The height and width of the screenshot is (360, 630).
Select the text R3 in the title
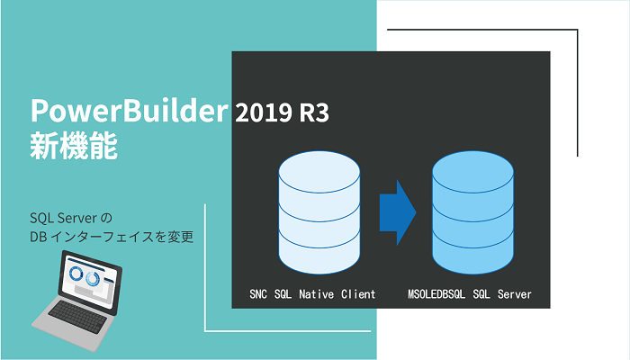(x=315, y=114)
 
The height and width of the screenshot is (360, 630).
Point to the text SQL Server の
(x=69, y=219)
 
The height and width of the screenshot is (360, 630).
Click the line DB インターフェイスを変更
(x=112, y=238)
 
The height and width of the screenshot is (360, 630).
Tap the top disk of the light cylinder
(x=319, y=175)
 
